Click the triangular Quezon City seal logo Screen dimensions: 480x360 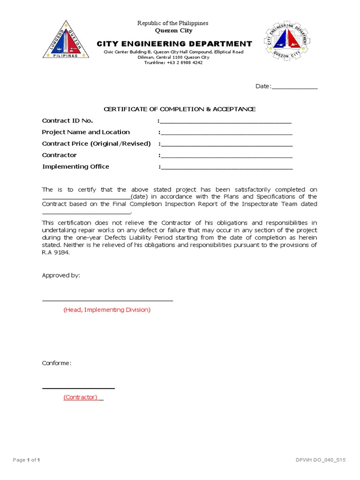click(66, 41)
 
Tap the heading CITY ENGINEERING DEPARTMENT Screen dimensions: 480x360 click(174, 44)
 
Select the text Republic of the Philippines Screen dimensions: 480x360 click(172, 23)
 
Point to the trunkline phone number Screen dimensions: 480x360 click(173, 62)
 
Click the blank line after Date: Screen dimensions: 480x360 click(294, 87)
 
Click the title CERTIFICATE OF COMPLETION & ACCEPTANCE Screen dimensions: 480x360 click(180, 109)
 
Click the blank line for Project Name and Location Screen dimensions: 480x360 click(226, 133)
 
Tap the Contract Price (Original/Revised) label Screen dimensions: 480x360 click(96, 143)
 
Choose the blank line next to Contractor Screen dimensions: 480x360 click(226, 156)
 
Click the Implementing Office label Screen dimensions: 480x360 click(75, 166)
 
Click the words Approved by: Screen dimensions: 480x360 click(61, 275)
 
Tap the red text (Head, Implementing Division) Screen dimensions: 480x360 click(107, 310)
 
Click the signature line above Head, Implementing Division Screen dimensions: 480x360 click(107, 300)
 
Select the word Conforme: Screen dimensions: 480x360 click(56, 363)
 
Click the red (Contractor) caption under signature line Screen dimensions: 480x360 click(81, 397)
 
